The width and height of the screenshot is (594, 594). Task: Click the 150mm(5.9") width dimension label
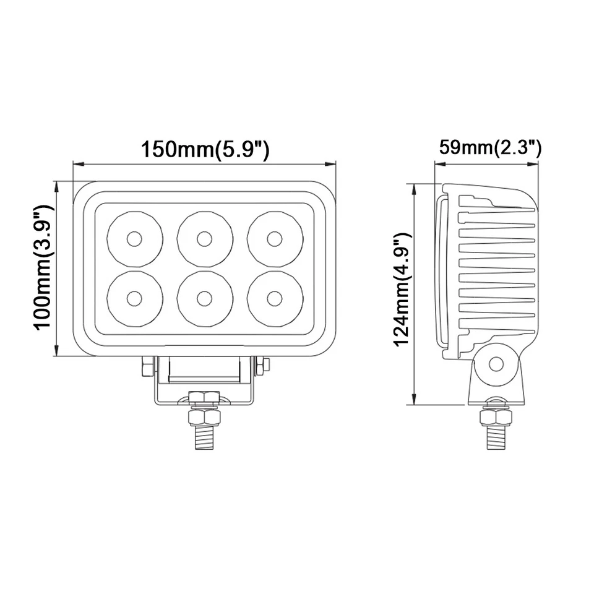pos(205,150)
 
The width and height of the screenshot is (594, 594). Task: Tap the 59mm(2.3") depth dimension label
pos(490,148)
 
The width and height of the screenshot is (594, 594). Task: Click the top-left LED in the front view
pos(134,239)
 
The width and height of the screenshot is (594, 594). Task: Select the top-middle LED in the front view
pos(205,239)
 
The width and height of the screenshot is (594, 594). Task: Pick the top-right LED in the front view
pos(275,239)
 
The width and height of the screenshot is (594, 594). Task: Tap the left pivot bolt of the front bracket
pos(147,366)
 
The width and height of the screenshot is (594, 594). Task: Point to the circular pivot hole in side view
pos(496,364)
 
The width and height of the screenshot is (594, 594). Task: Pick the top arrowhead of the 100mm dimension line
pos(58,186)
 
